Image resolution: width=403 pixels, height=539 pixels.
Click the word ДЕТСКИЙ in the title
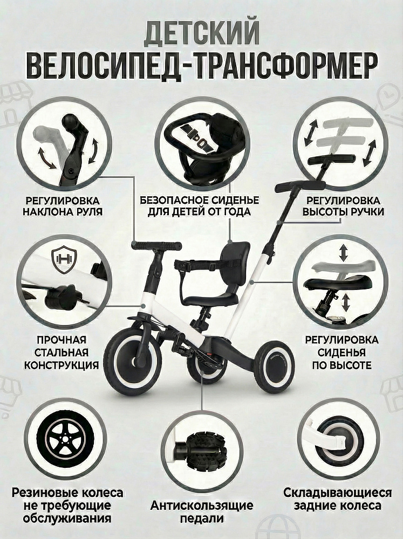click(x=201, y=33)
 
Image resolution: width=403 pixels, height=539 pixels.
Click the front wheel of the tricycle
click(x=133, y=361)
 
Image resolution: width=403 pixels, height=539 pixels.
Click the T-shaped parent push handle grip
click(x=300, y=185)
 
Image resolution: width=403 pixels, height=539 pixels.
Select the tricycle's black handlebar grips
click(x=156, y=246)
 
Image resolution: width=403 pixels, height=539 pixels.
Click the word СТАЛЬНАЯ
click(x=62, y=353)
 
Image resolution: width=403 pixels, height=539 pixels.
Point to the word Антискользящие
click(x=202, y=506)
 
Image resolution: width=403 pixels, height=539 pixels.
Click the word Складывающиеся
click(x=337, y=493)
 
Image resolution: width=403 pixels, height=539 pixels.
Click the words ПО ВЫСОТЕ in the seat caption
click(x=341, y=365)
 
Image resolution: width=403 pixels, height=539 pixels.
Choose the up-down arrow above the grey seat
click(x=343, y=253)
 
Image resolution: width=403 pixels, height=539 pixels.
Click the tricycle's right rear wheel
click(x=275, y=367)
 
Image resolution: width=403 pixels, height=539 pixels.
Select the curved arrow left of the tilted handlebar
click(x=47, y=158)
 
